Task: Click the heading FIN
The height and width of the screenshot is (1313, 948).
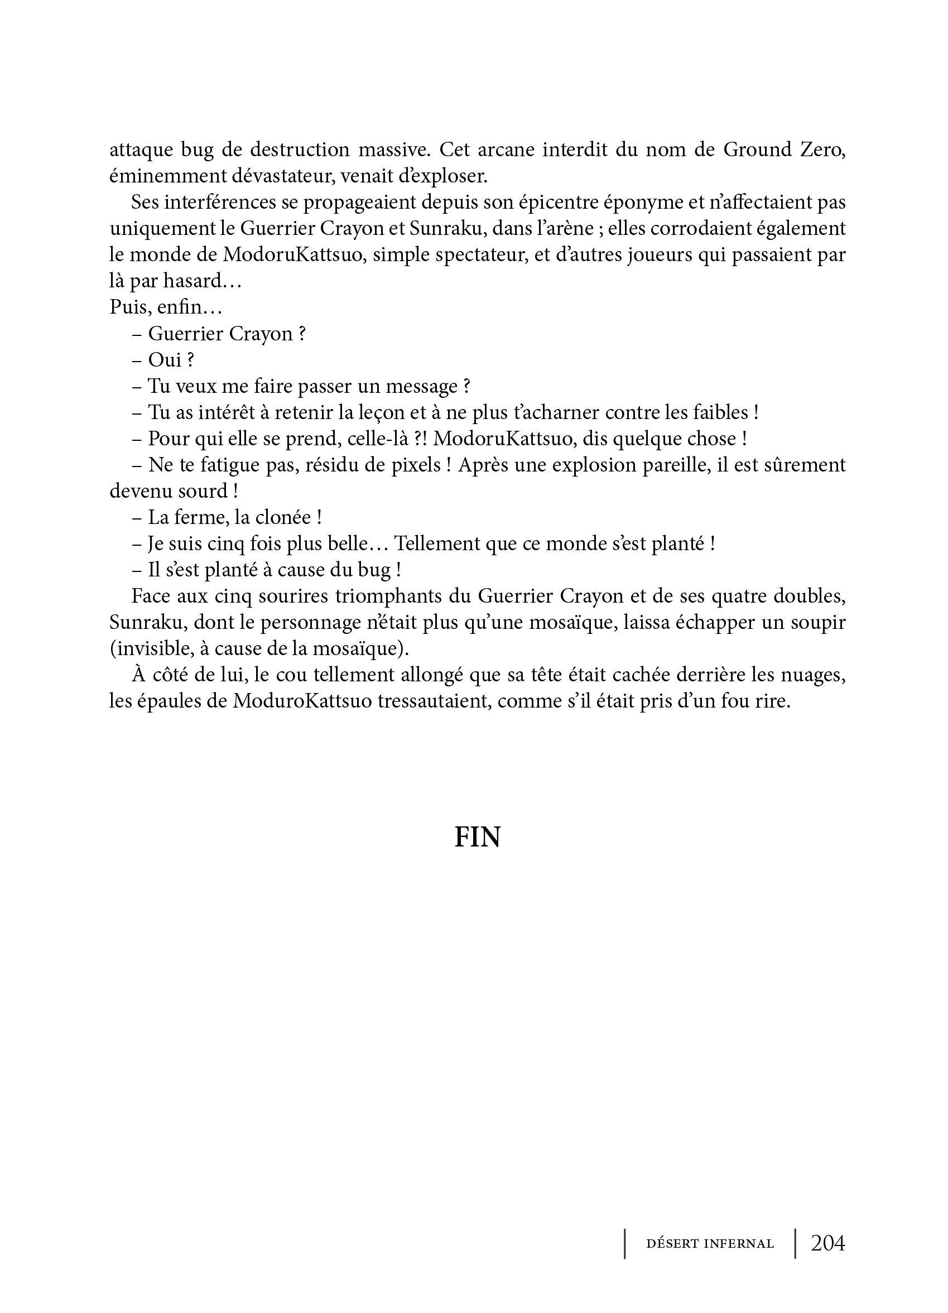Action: pyautogui.click(x=477, y=837)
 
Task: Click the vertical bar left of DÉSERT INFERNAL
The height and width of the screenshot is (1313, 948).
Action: pyautogui.click(x=625, y=1244)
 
